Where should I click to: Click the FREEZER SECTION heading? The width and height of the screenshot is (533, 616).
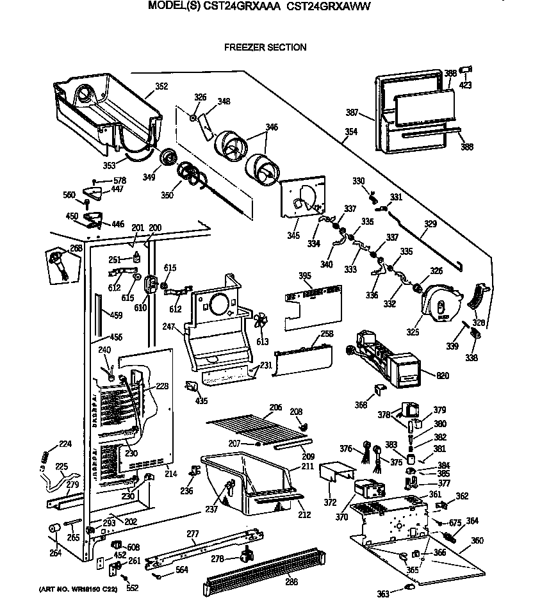point(265,47)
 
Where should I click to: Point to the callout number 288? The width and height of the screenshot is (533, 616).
point(291,582)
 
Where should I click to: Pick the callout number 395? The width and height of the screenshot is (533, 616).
point(305,275)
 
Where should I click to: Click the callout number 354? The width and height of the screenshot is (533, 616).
point(350,133)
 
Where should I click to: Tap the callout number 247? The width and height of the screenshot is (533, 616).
point(168,327)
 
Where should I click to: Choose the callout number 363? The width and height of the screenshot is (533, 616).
point(382,595)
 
